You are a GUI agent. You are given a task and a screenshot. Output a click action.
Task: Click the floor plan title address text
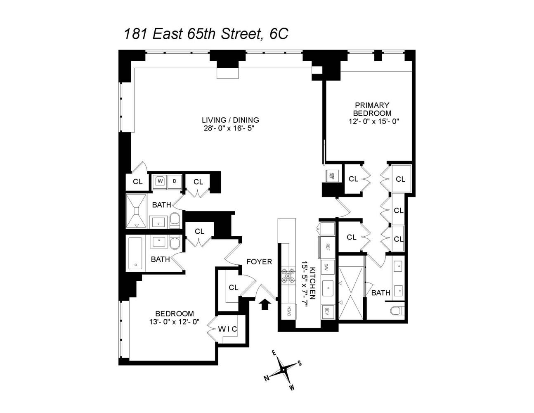206,33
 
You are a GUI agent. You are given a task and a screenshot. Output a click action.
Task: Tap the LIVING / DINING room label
230,120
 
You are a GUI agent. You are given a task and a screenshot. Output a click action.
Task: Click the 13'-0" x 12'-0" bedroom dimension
175,322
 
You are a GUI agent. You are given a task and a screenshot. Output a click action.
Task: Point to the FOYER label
259,262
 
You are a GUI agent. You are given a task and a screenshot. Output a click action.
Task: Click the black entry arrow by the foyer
265,304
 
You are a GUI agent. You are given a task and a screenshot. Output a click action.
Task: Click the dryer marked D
175,181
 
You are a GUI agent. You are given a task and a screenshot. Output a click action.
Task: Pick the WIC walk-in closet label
228,329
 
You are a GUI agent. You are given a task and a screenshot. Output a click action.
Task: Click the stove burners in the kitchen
288,275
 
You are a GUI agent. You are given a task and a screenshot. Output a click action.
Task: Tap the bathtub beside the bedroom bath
135,253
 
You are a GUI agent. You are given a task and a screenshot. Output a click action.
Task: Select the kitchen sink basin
328,286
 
